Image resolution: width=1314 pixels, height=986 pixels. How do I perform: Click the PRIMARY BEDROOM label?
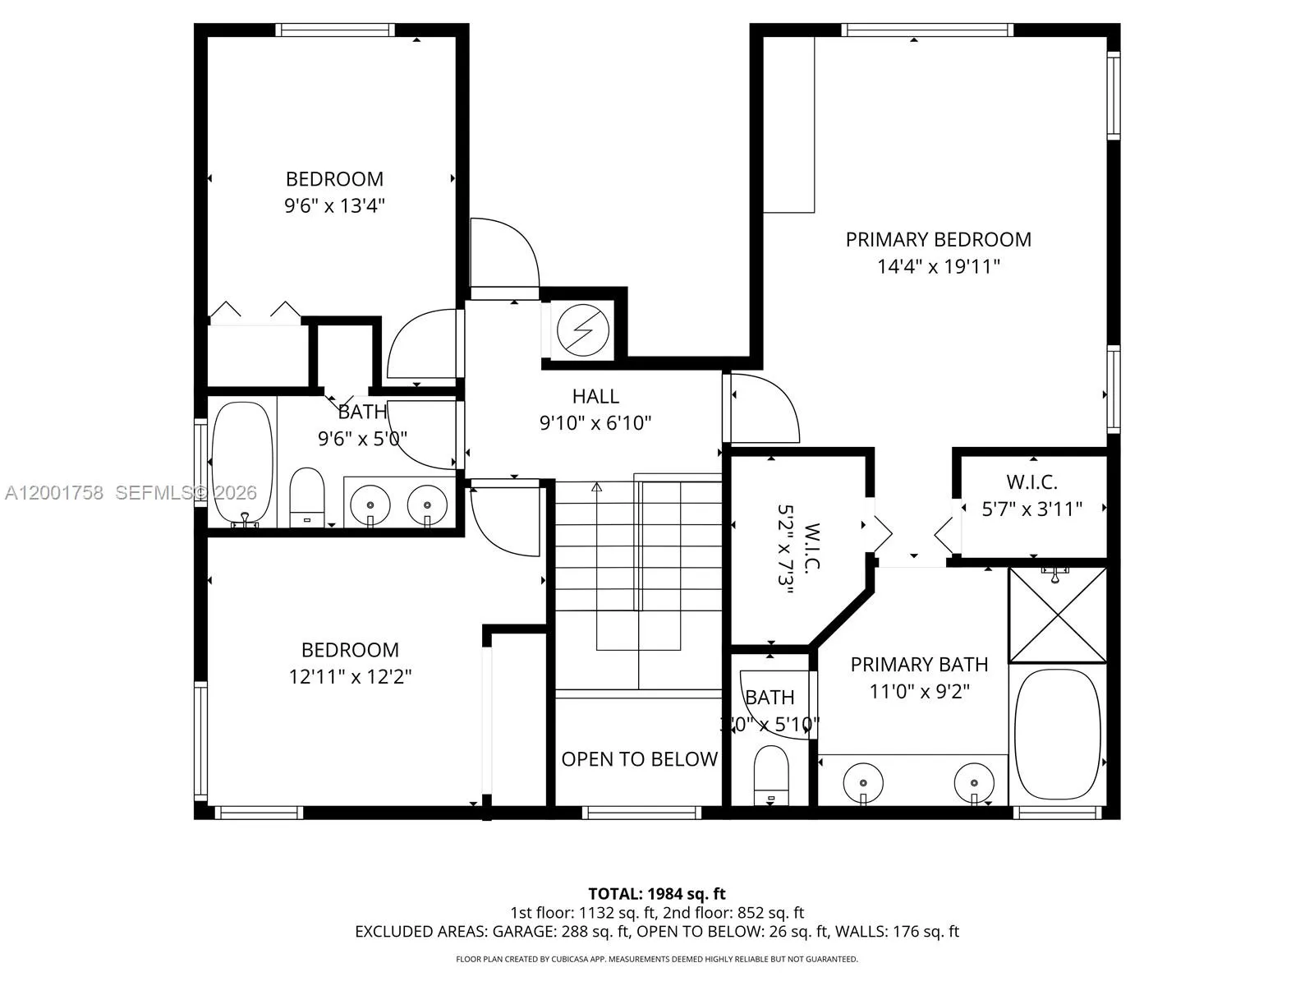(x=938, y=239)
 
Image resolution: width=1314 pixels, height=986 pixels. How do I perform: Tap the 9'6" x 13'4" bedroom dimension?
(x=334, y=205)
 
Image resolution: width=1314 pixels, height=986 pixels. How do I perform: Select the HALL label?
(x=595, y=396)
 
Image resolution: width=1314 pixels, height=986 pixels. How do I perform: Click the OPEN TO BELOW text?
(x=639, y=758)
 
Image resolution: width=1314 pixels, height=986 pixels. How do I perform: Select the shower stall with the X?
(x=1057, y=615)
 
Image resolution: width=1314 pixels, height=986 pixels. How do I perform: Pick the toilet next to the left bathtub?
(x=307, y=495)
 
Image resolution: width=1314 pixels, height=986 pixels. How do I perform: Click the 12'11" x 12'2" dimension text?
(x=350, y=677)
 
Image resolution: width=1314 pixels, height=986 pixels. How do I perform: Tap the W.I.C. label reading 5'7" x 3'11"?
(x=1031, y=495)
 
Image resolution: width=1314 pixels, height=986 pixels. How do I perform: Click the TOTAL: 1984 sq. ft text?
(x=656, y=893)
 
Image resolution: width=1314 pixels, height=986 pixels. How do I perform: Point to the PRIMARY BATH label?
(x=919, y=664)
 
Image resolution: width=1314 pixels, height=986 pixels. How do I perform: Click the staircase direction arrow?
(x=597, y=487)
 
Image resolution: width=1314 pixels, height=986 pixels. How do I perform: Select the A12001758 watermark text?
(x=54, y=492)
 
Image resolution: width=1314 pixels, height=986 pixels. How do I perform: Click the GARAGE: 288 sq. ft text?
(x=561, y=931)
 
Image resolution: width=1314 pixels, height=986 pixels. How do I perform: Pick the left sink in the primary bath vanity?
(x=862, y=776)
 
